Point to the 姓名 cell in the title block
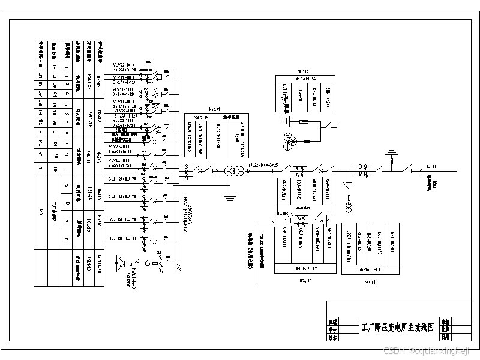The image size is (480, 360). pyautogui.click(x=332, y=337)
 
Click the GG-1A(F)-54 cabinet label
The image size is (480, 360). pyautogui.click(x=304, y=79)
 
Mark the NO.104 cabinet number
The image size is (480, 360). pyautogui.click(x=304, y=280)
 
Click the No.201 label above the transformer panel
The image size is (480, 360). pyautogui.click(x=214, y=109)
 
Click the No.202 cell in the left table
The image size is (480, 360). pyautogui.click(x=100, y=79)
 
